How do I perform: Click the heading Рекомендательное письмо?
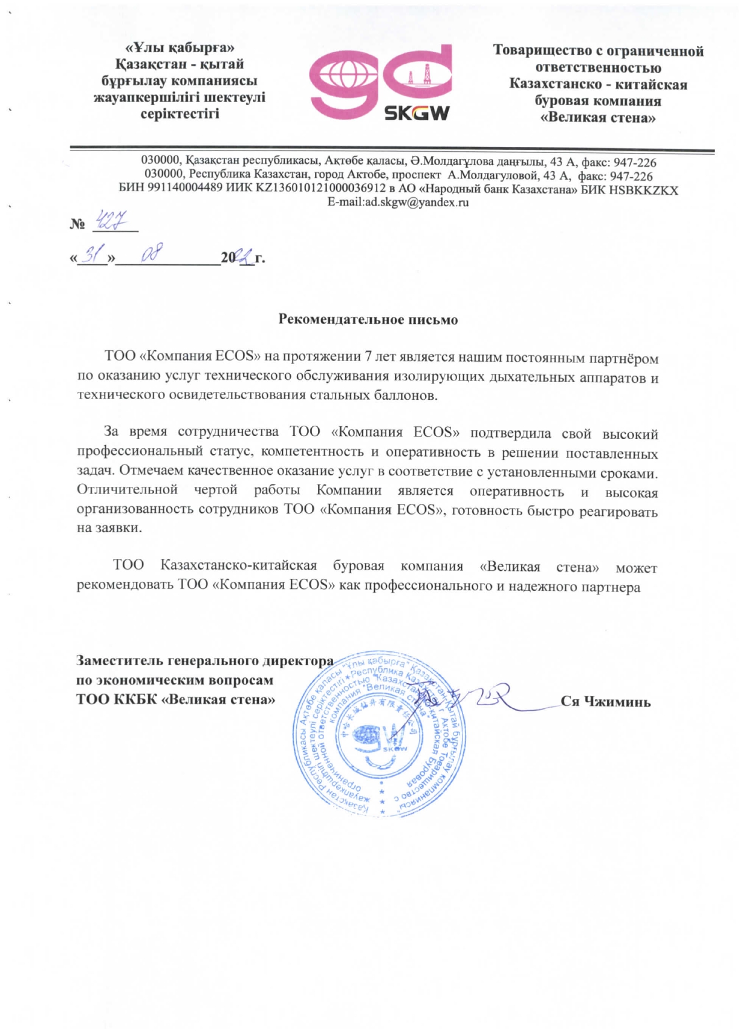tap(368, 319)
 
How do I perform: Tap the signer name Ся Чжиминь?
tap(605, 702)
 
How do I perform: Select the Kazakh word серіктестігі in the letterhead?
tap(180, 113)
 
